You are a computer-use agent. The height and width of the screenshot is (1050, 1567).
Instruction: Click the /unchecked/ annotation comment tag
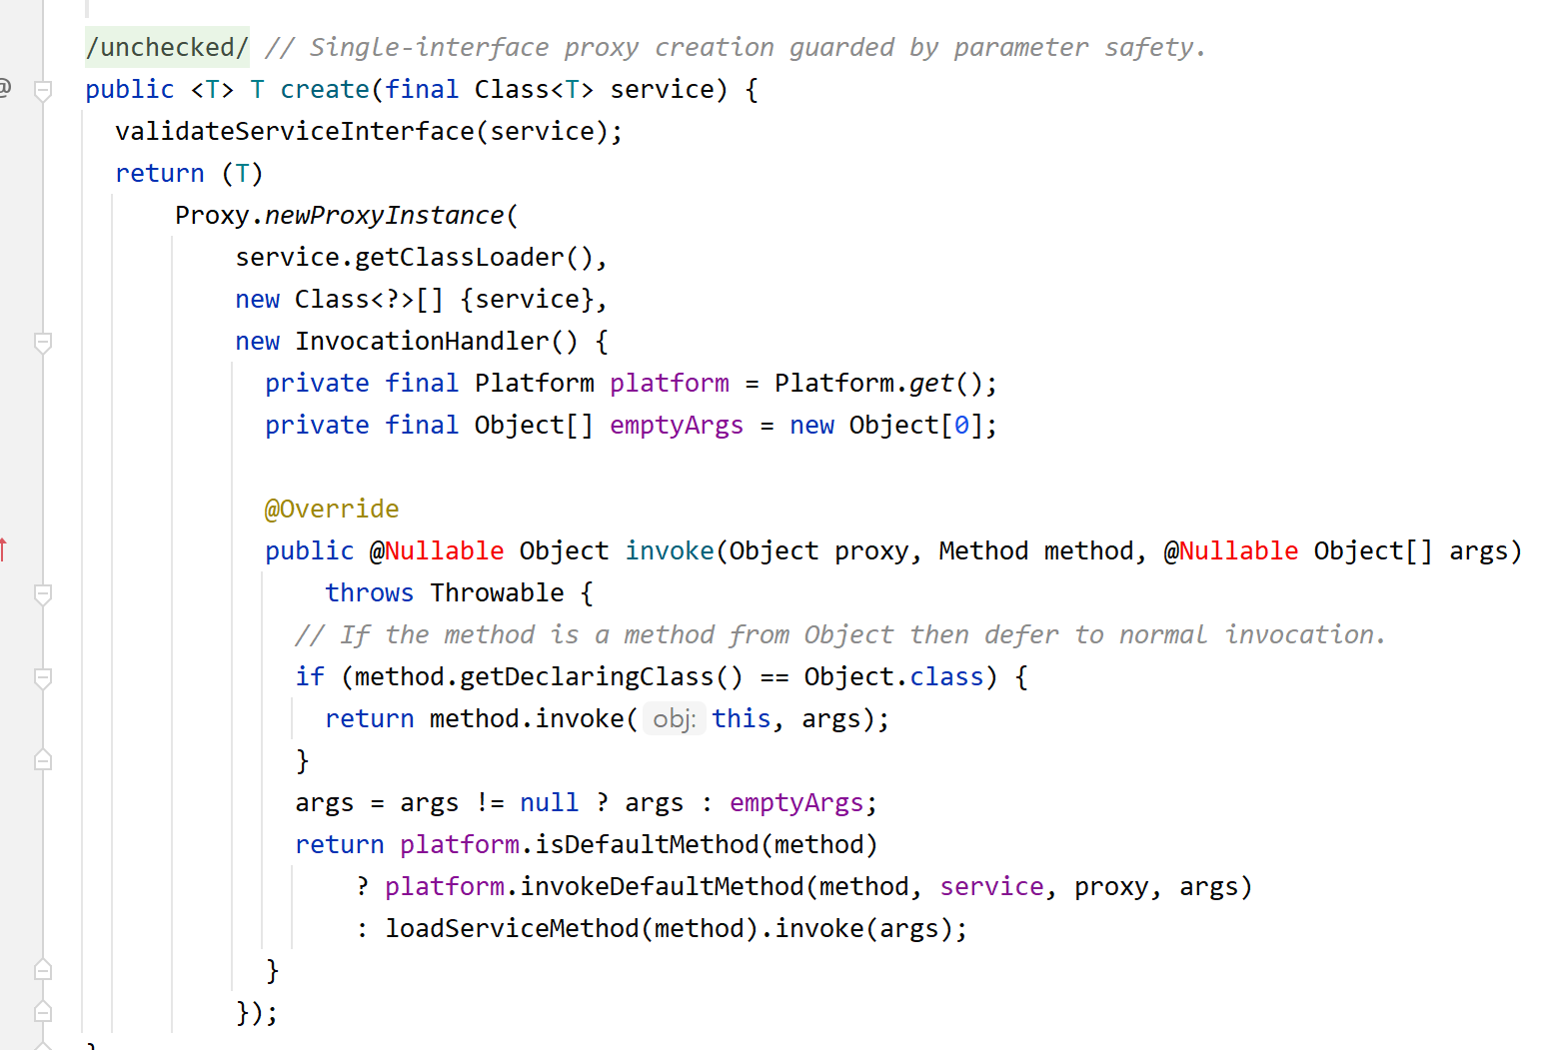coord(167,47)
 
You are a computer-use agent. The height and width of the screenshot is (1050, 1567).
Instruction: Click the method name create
coord(325,89)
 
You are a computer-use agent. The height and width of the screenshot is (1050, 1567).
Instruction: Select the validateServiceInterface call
coord(294,131)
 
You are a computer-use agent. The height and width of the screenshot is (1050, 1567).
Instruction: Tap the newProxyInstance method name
coord(385,215)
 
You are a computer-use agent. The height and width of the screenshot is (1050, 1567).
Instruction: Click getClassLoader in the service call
coord(459,257)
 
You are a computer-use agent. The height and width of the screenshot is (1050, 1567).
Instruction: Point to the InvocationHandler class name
coord(422,341)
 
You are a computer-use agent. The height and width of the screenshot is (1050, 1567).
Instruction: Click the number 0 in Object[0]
coord(961,425)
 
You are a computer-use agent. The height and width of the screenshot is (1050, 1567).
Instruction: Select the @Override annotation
coord(332,509)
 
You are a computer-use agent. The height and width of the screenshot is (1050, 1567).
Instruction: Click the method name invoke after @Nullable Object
coord(670,550)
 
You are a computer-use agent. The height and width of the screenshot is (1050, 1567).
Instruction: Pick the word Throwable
coord(497,592)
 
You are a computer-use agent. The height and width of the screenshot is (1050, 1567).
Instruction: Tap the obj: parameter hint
coord(674,718)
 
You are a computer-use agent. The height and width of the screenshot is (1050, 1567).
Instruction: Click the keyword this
coord(741,718)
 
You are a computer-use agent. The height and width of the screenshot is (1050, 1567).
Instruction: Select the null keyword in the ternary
coord(549,802)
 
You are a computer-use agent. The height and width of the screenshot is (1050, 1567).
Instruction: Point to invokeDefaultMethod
coord(662,886)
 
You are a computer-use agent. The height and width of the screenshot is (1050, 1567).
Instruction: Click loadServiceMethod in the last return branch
coord(512,928)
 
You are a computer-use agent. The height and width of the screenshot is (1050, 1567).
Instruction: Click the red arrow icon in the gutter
coord(4,548)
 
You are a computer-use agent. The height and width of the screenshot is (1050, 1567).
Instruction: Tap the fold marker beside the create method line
coord(43,90)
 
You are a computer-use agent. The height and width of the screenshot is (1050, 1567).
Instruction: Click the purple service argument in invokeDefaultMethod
coord(991,886)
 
